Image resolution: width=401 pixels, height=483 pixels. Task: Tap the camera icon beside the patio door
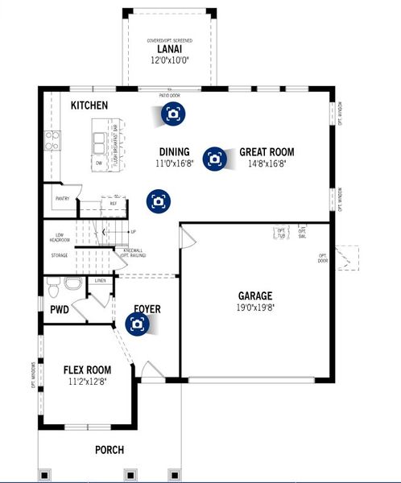coord(172,114)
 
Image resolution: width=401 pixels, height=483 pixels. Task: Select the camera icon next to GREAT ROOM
coord(214,159)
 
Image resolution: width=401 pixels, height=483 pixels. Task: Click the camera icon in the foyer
coord(138,324)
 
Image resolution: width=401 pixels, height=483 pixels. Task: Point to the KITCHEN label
coord(89,105)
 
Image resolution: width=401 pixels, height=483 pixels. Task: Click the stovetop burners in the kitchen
coord(52,142)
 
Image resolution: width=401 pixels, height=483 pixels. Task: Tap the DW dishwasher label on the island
coord(98,163)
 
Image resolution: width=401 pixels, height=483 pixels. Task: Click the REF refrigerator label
coord(114,204)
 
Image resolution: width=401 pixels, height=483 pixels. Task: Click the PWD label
coord(59,309)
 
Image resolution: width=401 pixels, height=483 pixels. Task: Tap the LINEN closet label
coord(100,280)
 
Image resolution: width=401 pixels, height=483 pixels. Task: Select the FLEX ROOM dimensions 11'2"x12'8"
coord(86,383)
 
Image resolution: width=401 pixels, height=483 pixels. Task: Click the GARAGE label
coord(254,295)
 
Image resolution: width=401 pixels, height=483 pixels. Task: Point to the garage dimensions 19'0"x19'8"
coord(254,307)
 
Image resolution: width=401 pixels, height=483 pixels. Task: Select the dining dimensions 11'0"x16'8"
coord(174,163)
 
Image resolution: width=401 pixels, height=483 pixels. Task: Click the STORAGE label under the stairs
coord(59,256)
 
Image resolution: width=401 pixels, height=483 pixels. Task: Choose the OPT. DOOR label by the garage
coord(324,259)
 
